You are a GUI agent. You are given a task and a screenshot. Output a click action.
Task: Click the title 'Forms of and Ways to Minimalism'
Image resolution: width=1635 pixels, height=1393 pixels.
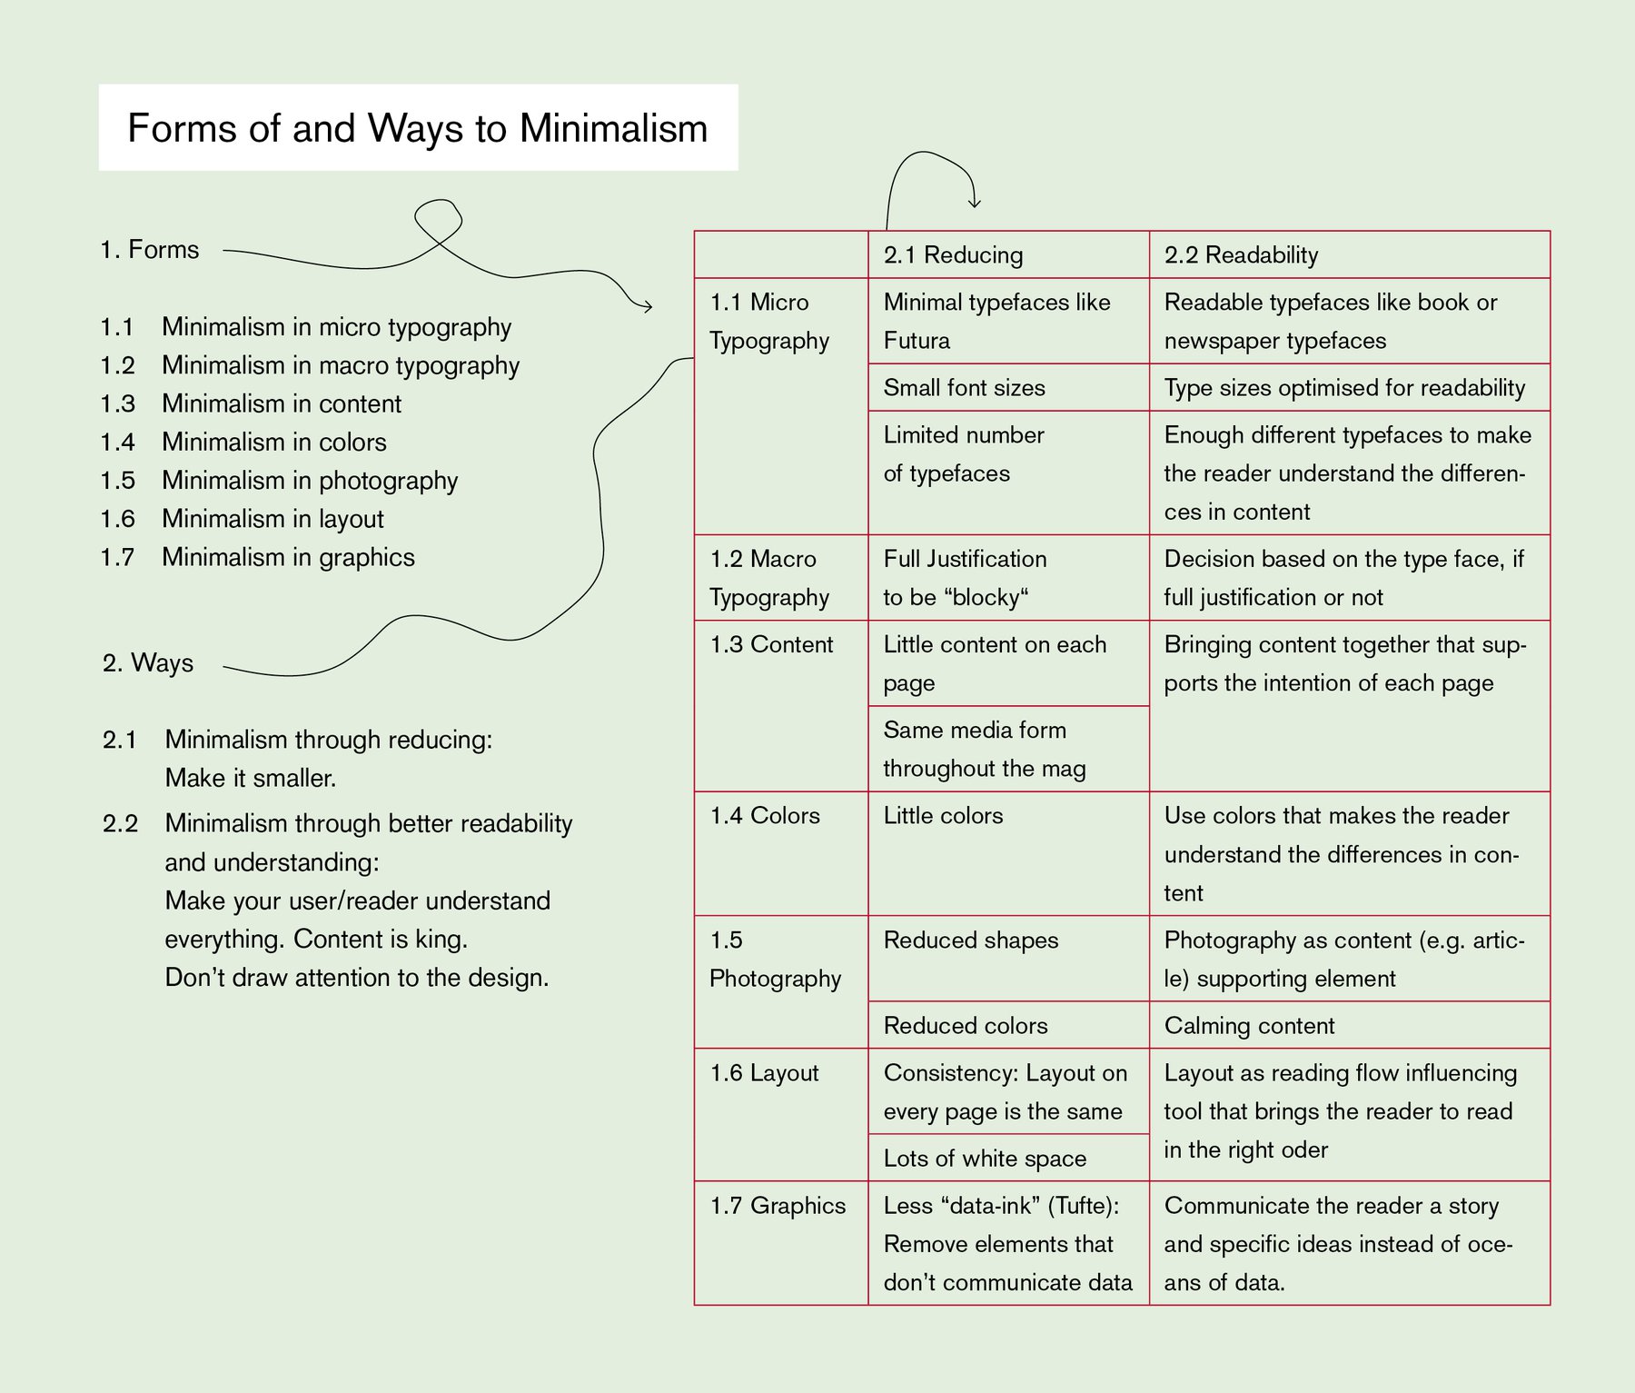click(417, 128)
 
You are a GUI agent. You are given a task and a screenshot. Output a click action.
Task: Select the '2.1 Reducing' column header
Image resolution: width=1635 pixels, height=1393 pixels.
click(953, 255)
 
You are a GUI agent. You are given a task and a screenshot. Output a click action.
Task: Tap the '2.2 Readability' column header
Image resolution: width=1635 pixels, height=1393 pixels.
click(1241, 255)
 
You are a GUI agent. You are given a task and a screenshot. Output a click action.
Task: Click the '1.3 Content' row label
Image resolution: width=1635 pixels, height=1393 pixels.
click(771, 644)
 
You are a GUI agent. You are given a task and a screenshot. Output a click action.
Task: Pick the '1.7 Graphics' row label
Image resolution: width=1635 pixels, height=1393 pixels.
click(778, 1206)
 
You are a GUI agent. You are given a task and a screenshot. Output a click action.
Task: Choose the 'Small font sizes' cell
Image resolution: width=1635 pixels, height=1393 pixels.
click(964, 388)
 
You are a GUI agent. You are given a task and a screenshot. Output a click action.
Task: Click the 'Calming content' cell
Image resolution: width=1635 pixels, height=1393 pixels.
click(1249, 1026)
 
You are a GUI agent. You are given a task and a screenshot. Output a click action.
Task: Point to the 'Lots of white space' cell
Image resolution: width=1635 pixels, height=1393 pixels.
click(985, 1159)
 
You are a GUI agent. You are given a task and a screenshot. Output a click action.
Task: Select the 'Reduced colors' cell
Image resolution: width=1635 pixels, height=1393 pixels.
click(966, 1026)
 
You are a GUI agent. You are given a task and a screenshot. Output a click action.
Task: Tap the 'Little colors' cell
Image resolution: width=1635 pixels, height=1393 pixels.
click(943, 816)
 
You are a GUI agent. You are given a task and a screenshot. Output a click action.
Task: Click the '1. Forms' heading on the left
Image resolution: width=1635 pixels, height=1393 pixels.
click(150, 250)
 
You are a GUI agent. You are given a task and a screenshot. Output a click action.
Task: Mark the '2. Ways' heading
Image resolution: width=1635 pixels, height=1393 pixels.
click(148, 663)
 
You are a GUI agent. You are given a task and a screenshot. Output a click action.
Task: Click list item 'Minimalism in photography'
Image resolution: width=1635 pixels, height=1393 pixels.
click(310, 481)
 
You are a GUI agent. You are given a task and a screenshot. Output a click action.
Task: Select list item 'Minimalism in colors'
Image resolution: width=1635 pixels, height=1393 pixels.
click(274, 443)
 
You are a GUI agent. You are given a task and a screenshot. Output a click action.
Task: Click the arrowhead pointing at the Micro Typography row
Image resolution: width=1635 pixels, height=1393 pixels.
click(647, 307)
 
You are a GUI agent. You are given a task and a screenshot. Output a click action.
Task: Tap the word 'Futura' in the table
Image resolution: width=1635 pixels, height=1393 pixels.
click(917, 341)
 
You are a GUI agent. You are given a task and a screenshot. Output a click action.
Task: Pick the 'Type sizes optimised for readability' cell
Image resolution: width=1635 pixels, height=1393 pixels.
click(1344, 388)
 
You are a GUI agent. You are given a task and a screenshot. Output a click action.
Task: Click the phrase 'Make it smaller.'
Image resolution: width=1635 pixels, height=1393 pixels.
click(251, 779)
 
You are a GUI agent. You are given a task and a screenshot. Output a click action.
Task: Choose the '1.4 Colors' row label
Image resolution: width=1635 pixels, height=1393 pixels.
click(765, 816)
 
